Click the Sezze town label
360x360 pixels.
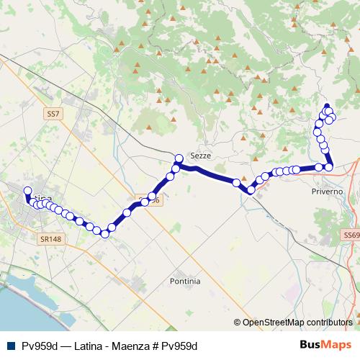point(199,155)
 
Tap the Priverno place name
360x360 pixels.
point(328,192)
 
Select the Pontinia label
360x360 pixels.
point(185,280)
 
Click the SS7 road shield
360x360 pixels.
point(53,114)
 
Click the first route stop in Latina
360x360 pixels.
point(28,192)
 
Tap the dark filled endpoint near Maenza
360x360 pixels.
point(326,106)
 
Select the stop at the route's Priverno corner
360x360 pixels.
point(329,167)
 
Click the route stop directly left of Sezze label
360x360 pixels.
point(179,158)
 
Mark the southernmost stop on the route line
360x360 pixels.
point(104,233)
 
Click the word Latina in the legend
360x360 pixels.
point(87,346)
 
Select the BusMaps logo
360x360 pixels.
point(325,345)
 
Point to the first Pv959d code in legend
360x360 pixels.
point(40,346)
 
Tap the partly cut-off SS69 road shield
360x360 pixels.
point(351,235)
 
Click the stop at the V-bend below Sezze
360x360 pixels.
point(250,190)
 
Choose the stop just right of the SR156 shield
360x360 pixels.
point(152,196)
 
